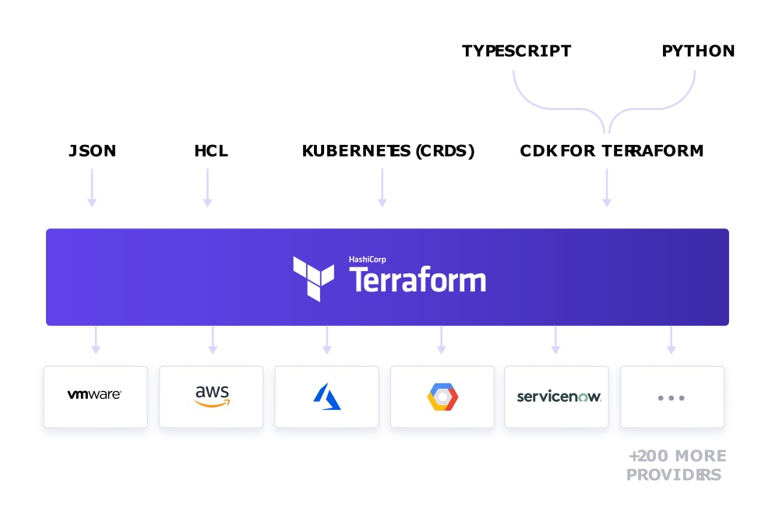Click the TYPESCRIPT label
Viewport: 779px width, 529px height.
click(x=516, y=51)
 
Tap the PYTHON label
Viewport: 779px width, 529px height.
click(x=698, y=51)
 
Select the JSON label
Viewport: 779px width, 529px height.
click(x=93, y=150)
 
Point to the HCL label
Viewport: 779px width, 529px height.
click(x=211, y=150)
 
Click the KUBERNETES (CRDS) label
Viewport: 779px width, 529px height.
click(x=388, y=150)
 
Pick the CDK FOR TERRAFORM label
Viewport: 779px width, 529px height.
click(x=612, y=150)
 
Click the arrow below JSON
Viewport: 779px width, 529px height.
click(x=92, y=188)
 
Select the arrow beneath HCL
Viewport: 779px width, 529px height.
click(x=208, y=188)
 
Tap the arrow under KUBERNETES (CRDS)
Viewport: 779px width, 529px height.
click(x=382, y=188)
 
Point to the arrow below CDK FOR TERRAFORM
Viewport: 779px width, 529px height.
click(x=607, y=188)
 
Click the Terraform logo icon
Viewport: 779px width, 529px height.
click(x=313, y=279)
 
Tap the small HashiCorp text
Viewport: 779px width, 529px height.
click(x=367, y=259)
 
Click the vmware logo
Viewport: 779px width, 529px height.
click(x=94, y=394)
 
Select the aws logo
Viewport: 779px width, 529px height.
click(x=212, y=396)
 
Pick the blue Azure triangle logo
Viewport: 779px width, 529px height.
click(x=327, y=397)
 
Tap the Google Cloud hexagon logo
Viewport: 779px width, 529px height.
click(x=442, y=397)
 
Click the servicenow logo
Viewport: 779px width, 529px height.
click(x=559, y=397)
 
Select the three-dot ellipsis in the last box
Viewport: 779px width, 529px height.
click(x=671, y=398)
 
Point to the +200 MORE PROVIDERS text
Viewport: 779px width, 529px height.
click(x=676, y=465)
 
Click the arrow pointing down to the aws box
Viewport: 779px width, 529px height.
click(x=213, y=340)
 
